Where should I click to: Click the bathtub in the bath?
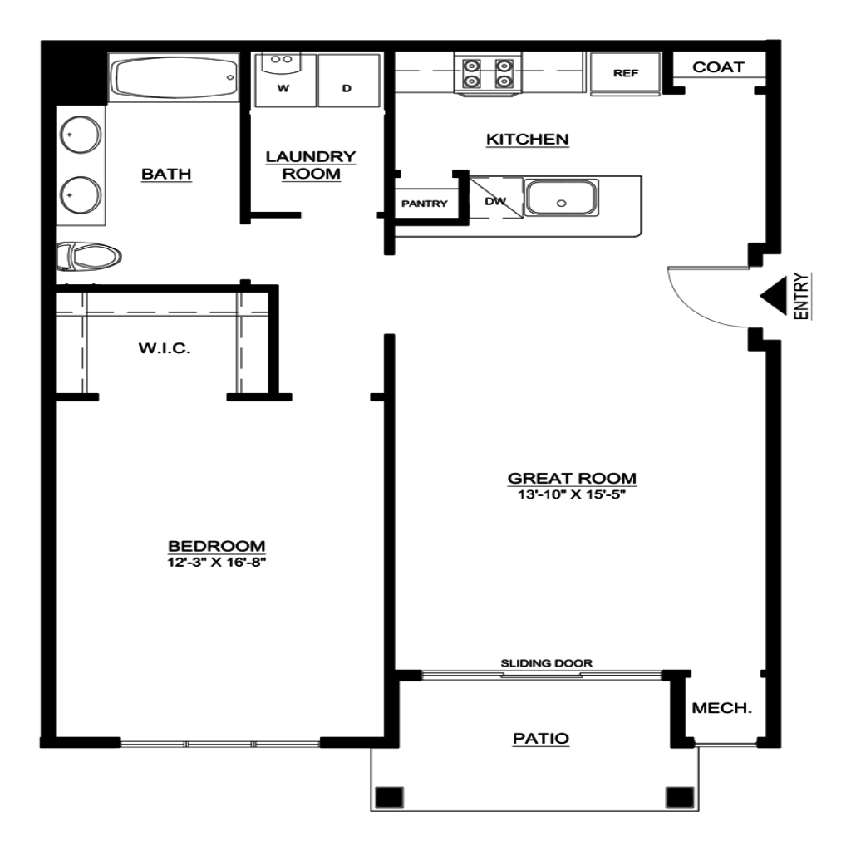[x=174, y=77]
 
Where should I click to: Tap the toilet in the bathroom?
[x=88, y=257]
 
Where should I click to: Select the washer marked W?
[x=285, y=80]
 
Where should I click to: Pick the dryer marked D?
[x=348, y=80]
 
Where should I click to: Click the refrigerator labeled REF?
[x=625, y=73]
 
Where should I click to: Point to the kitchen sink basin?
[x=561, y=198]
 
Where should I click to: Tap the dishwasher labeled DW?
[x=495, y=198]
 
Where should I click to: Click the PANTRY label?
[x=425, y=204]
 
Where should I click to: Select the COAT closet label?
[x=718, y=67]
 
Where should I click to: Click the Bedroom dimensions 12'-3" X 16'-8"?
[x=217, y=563]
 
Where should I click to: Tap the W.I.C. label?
[x=165, y=348]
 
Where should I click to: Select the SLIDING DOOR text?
[x=547, y=662]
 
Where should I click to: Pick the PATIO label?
[x=541, y=738]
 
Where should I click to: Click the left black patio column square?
[x=390, y=797]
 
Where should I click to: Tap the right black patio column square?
[x=680, y=797]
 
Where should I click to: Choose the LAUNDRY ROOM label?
[x=311, y=165]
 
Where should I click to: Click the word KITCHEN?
[x=528, y=140]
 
